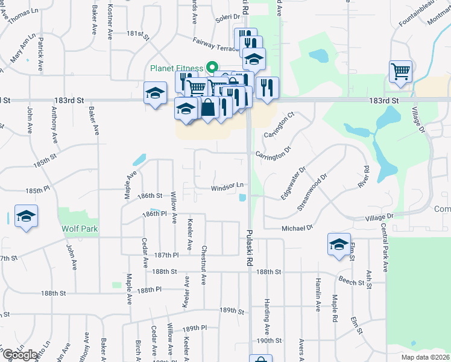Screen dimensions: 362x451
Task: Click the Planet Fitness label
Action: (177, 68)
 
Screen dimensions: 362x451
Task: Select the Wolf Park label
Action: (80, 229)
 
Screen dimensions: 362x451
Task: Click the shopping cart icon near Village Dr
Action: (400, 72)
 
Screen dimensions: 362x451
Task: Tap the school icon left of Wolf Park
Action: (26, 216)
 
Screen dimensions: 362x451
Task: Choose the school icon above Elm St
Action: (339, 244)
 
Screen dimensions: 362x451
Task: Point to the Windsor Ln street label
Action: (227, 188)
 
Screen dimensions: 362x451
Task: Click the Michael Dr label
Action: (298, 228)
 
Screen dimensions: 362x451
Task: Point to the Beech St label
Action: (349, 281)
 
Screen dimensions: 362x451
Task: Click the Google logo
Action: (20, 354)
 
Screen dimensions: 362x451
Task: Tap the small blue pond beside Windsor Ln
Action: (242, 197)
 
